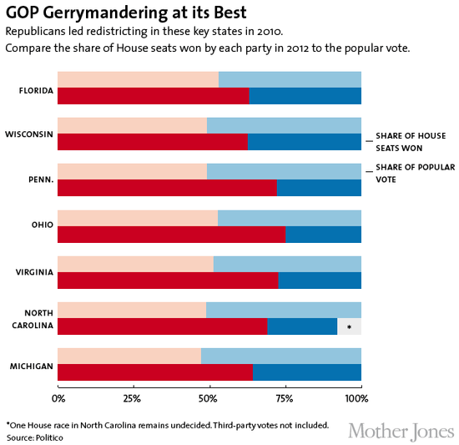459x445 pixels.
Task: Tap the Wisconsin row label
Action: tap(31, 134)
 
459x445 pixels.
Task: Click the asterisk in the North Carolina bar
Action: tap(349, 327)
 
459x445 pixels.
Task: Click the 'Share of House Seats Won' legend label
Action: tap(410, 140)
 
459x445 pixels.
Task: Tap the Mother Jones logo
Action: tap(401, 430)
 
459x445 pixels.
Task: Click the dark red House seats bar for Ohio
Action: tap(171, 235)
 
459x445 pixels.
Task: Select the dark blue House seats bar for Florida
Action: tap(305, 96)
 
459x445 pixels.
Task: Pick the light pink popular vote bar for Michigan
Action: tap(129, 357)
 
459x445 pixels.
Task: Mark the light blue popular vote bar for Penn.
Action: tap(284, 171)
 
